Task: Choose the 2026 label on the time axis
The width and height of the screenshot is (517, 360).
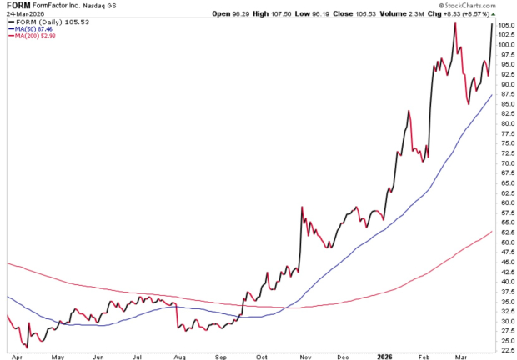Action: [x=385, y=356]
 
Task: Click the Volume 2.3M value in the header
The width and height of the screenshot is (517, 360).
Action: [x=361, y=15]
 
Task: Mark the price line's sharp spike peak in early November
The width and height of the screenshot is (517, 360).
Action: [x=300, y=207]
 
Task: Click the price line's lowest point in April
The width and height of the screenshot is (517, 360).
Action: [x=27, y=347]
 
